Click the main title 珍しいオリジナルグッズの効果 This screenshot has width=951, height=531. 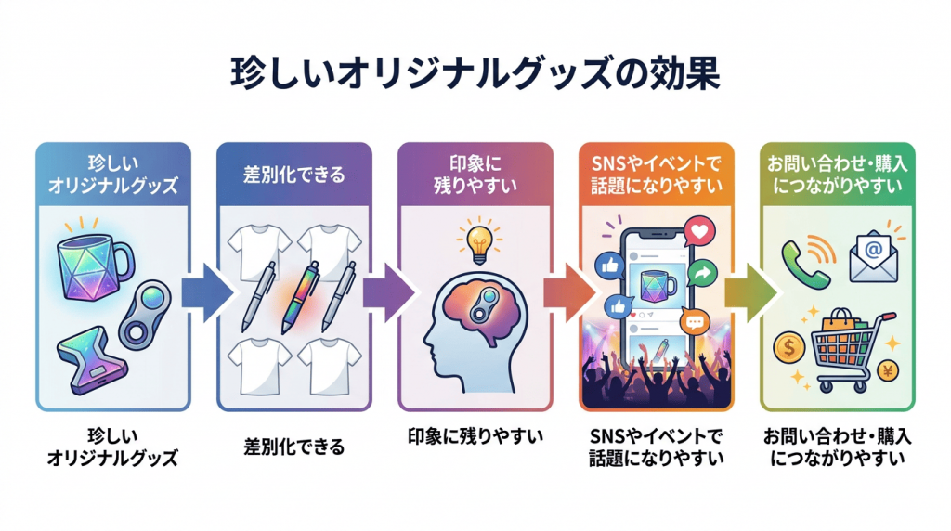pyautogui.click(x=475, y=73)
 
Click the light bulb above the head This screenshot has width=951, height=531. pyautogui.click(x=480, y=243)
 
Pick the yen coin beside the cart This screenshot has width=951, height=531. pyautogui.click(x=887, y=370)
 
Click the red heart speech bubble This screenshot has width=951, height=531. pyautogui.click(x=699, y=231)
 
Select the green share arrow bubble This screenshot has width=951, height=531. pyautogui.click(x=702, y=273)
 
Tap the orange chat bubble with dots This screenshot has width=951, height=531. pyautogui.click(x=695, y=321)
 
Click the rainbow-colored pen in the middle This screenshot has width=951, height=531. pyautogui.click(x=301, y=297)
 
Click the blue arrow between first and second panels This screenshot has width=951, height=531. pyautogui.click(x=207, y=292)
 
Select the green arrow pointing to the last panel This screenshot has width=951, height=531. pyautogui.click(x=750, y=292)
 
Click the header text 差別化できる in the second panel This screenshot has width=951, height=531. pyautogui.click(x=294, y=175)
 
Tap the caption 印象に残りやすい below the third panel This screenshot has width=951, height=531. pyautogui.click(x=475, y=435)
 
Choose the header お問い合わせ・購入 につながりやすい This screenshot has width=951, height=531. pyautogui.click(x=838, y=175)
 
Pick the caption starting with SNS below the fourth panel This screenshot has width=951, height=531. pyautogui.click(x=657, y=447)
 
